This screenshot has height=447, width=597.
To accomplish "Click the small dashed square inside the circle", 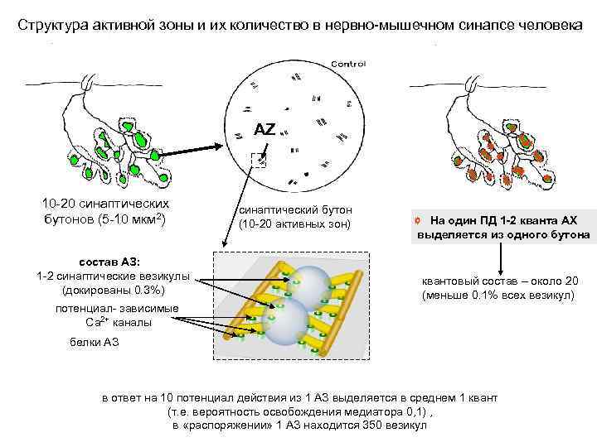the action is coord(259,160).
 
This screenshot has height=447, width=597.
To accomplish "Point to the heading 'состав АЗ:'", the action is coord(114,262).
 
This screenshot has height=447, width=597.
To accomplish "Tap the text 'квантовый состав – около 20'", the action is coord(499,281).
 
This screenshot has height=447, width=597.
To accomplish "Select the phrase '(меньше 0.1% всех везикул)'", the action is coord(499,296).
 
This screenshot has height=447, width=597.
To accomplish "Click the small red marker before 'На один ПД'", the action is coord(421,221).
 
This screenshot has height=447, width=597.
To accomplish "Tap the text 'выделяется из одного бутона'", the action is coord(504,235).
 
